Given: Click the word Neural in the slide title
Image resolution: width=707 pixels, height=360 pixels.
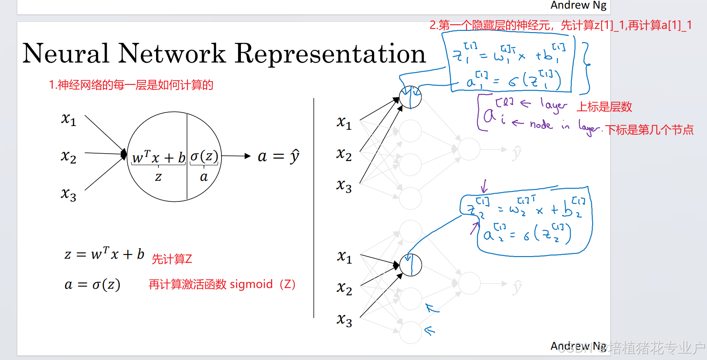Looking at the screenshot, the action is (66, 54).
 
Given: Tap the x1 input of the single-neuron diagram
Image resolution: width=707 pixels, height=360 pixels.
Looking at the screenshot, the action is (69, 120).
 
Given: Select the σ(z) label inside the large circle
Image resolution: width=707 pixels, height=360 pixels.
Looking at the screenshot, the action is (204, 157).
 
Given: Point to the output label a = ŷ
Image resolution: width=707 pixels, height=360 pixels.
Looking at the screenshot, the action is (278, 157).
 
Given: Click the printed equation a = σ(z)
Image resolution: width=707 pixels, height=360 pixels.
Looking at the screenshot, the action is (92, 284).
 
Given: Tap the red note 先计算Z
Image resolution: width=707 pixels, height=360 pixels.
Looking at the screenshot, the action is (172, 259).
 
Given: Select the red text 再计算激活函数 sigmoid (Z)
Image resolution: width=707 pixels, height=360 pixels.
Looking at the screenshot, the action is (222, 284).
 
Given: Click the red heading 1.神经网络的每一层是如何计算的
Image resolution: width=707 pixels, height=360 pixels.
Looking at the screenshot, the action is (131, 85).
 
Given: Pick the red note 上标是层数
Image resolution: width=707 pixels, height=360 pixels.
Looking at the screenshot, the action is (604, 107).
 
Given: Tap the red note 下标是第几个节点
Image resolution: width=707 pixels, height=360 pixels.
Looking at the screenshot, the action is (649, 130).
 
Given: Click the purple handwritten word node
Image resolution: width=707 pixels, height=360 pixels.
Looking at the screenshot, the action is (541, 124).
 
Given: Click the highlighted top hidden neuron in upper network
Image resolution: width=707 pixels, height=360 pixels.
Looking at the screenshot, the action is (410, 98).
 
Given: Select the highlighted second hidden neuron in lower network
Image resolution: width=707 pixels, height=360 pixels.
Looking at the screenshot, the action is (411, 265).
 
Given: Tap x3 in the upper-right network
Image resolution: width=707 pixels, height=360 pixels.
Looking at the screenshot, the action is (344, 185).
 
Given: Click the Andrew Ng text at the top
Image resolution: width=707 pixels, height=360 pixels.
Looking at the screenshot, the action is (578, 5).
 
